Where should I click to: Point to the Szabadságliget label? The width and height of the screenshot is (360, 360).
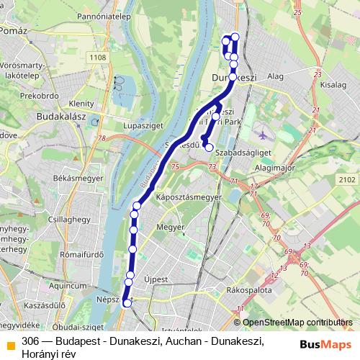[x=243, y=152]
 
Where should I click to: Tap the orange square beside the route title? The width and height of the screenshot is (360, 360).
[x=10, y=342]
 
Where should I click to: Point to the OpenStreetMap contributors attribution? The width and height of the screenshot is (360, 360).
[x=297, y=323]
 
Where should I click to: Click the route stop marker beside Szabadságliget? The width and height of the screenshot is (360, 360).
[x=209, y=148]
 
